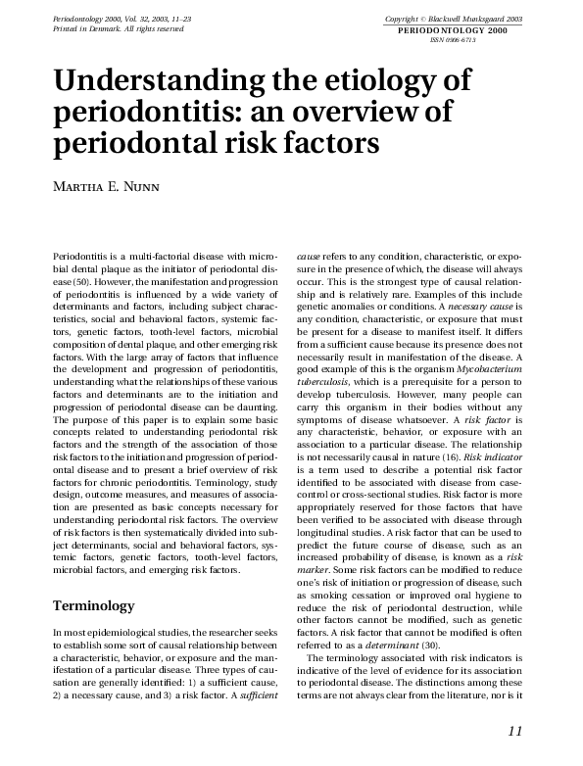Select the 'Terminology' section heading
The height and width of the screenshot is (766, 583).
coord(94,606)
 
